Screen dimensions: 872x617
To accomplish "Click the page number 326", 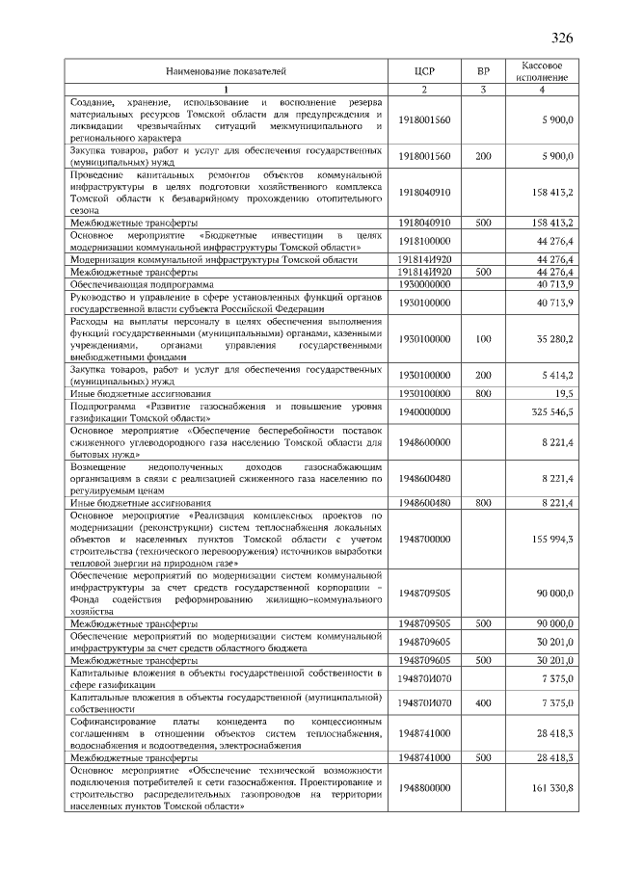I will [562, 39].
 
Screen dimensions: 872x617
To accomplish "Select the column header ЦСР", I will [424, 70].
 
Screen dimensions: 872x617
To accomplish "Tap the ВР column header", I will [483, 70].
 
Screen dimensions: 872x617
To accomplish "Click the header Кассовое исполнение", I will [542, 70].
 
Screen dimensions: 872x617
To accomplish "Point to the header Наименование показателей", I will [226, 70].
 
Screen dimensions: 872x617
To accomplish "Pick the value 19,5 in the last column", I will [563, 393].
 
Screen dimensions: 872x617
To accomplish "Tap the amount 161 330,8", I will [550, 787].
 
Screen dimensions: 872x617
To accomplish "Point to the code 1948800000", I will [424, 787].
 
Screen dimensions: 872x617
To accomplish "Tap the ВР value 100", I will [483, 338].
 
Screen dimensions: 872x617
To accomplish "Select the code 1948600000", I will [424, 441].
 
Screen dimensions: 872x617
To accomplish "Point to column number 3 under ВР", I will [483, 90].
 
